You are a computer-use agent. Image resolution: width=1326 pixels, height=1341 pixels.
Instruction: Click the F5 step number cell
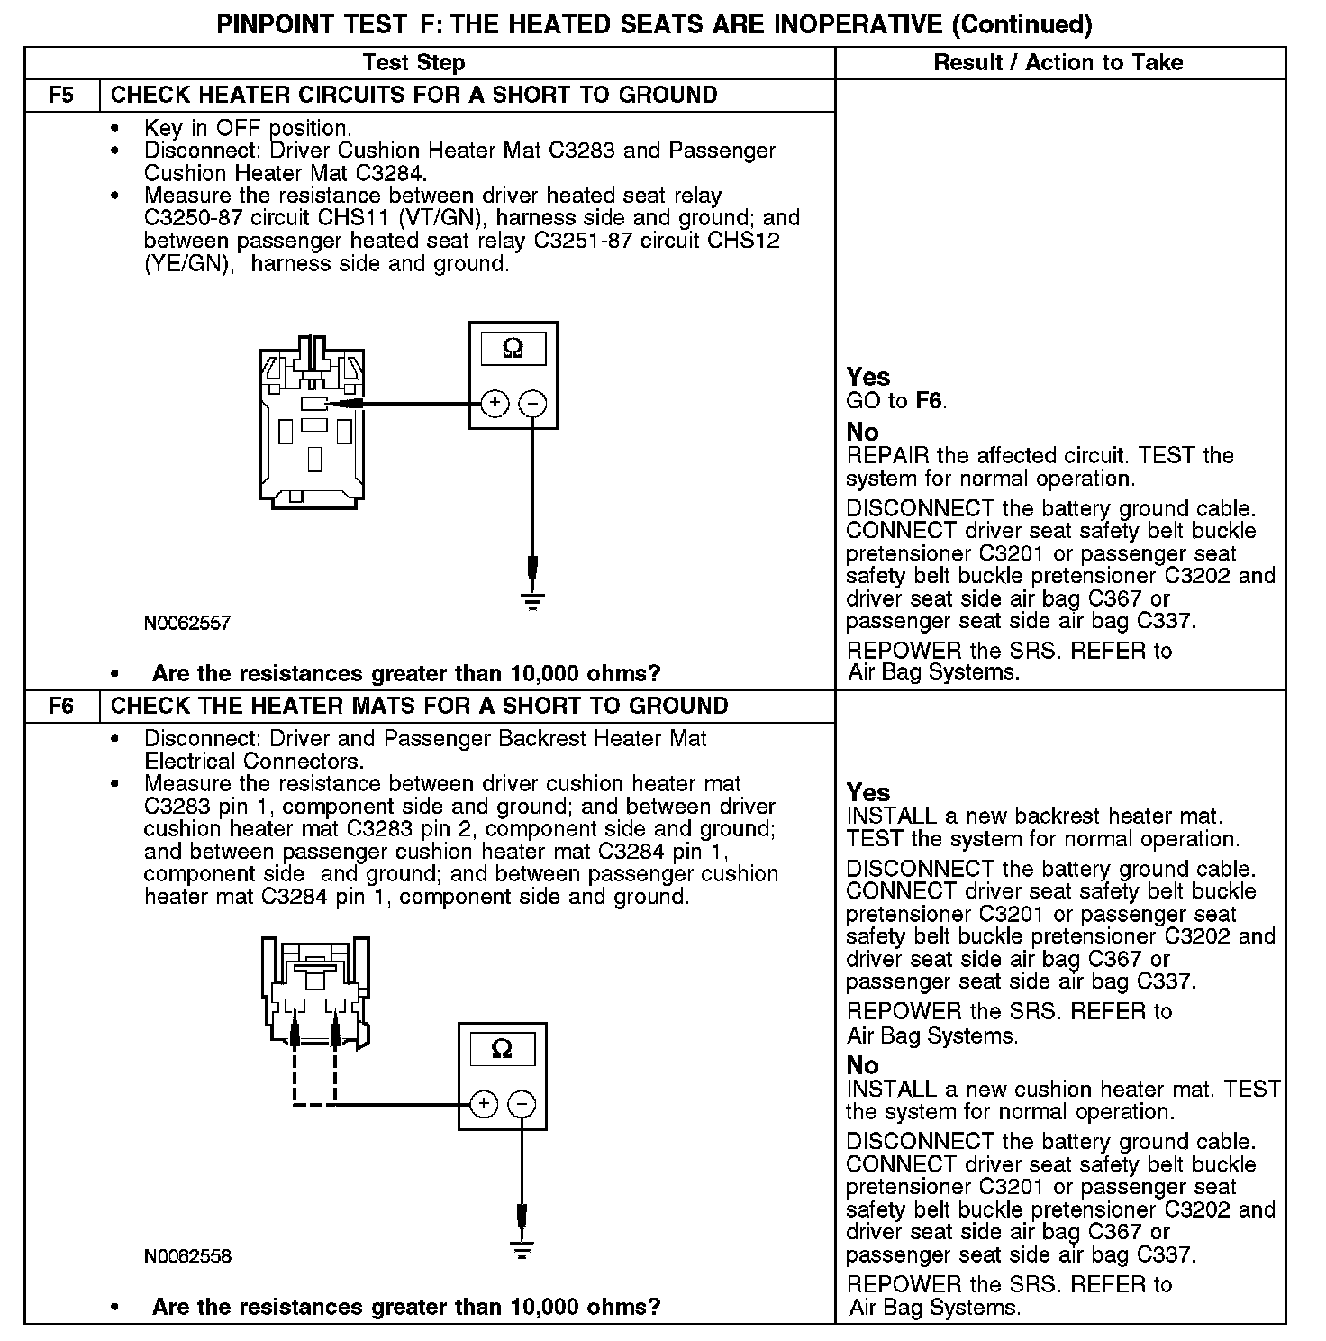click(x=61, y=96)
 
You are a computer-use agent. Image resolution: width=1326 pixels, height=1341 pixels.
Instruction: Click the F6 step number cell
click(x=61, y=706)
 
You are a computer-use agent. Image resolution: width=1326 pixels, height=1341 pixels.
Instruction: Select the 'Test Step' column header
click(x=413, y=63)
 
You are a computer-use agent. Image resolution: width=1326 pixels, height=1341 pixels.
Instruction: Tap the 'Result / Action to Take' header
click(x=1058, y=63)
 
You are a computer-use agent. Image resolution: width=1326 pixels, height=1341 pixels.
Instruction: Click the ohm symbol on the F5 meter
click(x=513, y=348)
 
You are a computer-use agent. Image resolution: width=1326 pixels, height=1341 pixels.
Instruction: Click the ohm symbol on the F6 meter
click(x=502, y=1048)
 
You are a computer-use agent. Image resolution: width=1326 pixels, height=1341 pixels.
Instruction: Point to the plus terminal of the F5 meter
click(x=495, y=403)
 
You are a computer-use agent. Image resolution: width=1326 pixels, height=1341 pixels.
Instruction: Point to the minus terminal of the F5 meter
click(x=533, y=403)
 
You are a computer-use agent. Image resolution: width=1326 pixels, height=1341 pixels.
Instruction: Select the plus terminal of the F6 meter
click(x=484, y=1104)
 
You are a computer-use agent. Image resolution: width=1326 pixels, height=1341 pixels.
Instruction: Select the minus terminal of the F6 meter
click(x=522, y=1104)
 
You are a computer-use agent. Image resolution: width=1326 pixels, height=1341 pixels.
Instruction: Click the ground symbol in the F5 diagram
click(x=533, y=600)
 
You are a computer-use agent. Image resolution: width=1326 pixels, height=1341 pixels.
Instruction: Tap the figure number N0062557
click(x=187, y=624)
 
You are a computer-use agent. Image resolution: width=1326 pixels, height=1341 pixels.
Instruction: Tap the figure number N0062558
click(x=187, y=1256)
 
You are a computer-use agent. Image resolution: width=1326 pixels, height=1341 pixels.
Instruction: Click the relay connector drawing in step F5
click(x=311, y=419)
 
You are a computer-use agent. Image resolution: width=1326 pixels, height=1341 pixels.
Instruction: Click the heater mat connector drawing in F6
click(x=316, y=991)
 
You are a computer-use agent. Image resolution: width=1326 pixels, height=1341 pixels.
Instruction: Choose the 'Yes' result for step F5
click(x=867, y=378)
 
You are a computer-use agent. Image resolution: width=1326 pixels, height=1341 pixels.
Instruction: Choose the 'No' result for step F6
click(x=862, y=1065)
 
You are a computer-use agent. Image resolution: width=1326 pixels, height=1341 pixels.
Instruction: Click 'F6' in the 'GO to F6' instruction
click(x=930, y=401)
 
